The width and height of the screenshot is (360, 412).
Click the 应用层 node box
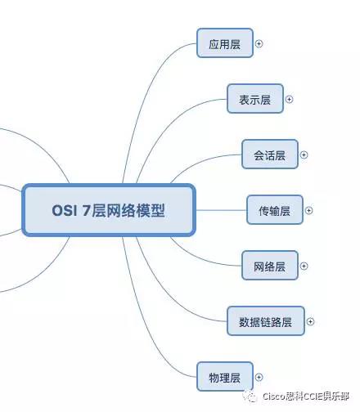[225, 43]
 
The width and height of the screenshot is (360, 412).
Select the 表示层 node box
[255, 99]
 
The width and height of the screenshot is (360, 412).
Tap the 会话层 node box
[270, 154]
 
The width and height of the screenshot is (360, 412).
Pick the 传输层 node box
[275, 210]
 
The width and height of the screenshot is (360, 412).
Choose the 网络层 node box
[270, 266]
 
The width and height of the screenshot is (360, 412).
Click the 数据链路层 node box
[266, 321]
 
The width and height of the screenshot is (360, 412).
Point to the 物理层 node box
[225, 377]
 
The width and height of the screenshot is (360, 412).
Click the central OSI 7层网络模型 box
[109, 210]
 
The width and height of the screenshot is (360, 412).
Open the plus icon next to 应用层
[259, 43]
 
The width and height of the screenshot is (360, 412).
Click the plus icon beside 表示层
[289, 99]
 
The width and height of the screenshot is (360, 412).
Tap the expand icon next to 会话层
[304, 154]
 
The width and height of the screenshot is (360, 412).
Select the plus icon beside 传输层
[308, 210]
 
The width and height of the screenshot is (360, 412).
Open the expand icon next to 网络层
[304, 266]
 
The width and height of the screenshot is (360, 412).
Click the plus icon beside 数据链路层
[310, 321]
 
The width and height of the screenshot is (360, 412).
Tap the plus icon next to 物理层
[259, 377]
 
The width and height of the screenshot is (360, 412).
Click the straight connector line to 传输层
[221, 210]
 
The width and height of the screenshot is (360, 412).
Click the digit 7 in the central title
[86, 210]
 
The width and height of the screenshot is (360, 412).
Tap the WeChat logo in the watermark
[250, 396]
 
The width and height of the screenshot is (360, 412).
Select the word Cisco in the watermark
[274, 396]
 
